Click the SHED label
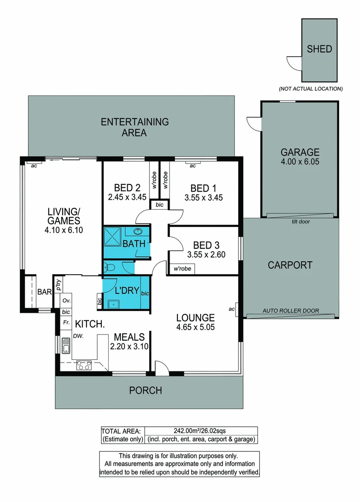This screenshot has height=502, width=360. pos(319,49)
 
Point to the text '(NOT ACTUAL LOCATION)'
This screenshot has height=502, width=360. pos(310,89)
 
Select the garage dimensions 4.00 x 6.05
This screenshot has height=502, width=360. pos(300,162)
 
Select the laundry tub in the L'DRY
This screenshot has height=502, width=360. pos(113,304)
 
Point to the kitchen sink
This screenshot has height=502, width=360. pos(66,346)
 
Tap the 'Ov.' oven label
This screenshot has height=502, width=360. pos(66,301)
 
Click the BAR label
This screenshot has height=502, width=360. pos(44,292)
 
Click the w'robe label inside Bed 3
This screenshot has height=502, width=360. pos(182,269)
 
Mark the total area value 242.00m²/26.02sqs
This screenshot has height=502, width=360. pos(201,431)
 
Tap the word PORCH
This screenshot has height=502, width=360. pos(145,390)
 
